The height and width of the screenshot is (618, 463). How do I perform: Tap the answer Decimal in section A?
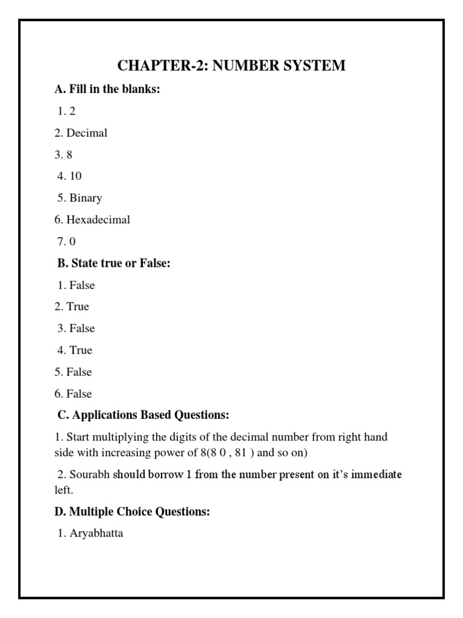coord(87,133)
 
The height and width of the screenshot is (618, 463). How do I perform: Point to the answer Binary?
coord(86,198)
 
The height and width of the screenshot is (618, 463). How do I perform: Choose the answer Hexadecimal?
coord(98,220)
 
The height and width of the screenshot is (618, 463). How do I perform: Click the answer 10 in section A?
coord(75,176)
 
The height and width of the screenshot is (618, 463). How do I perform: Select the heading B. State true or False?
coord(112,263)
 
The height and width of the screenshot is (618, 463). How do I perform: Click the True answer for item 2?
coord(78,307)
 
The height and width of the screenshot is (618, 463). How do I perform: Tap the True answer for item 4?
coord(81,350)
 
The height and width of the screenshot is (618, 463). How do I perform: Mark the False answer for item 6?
coord(79,393)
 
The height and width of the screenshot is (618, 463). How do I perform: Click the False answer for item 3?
coord(82,328)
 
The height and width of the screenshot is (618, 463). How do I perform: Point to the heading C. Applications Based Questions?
coord(143,415)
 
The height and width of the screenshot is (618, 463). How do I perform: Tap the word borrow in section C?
coord(163,474)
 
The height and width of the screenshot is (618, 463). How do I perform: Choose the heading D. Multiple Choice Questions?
coord(132,512)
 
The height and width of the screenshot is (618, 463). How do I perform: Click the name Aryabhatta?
coord(96,534)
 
